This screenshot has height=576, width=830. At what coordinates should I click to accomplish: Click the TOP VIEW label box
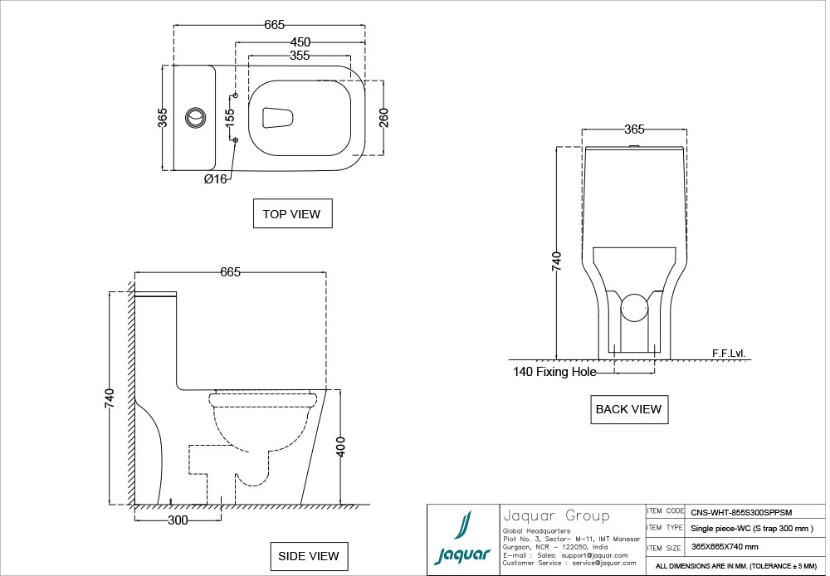point(293,213)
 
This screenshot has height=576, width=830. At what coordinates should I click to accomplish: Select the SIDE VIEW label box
point(309,556)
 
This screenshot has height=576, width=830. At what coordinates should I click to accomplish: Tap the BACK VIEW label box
point(629,409)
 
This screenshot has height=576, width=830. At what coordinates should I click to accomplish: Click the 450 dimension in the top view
point(300,41)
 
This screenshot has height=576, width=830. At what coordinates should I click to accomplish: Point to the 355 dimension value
point(300,56)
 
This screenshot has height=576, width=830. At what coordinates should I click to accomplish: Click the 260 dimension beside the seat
point(383,118)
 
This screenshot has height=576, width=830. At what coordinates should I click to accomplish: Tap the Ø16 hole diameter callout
point(216,179)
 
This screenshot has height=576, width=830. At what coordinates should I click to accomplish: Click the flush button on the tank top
point(195,118)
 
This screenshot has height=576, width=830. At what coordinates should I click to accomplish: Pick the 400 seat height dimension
point(341,447)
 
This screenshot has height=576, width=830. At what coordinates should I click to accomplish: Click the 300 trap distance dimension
point(178,520)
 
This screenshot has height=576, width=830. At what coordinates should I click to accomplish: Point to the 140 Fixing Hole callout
point(554,372)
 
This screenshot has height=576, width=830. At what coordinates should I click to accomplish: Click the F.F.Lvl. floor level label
point(729,353)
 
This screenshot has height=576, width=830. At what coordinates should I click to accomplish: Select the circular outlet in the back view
point(634,307)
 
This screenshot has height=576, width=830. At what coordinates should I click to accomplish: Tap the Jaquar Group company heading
point(556,515)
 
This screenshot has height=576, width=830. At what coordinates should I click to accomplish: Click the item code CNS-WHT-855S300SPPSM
point(741,512)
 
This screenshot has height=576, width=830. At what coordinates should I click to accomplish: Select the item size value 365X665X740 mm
point(725,547)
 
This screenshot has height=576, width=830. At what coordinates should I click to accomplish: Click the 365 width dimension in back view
point(634,129)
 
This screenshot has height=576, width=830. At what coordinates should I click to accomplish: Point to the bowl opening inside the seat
point(278,118)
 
